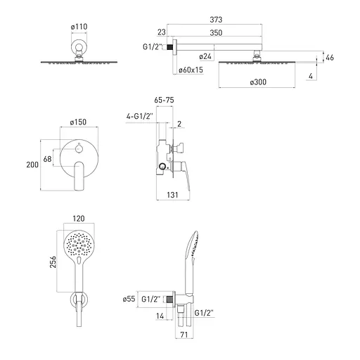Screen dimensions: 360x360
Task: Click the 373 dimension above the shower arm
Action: pyautogui.click(x=216, y=20)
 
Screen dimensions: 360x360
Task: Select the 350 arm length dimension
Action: pyautogui.click(x=216, y=32)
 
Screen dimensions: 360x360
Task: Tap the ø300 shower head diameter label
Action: pyautogui.click(x=258, y=82)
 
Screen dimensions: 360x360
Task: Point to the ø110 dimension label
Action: pyautogui.click(x=79, y=27)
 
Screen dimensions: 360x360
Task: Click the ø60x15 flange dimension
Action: pyautogui.click(x=191, y=70)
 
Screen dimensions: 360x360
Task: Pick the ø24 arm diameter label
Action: pyautogui.click(x=205, y=56)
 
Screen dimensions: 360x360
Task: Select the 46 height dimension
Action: pyautogui.click(x=330, y=58)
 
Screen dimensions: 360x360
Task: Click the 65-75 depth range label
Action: pyautogui.click(x=164, y=100)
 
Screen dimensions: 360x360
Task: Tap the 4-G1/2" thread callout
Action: pyautogui.click(x=140, y=116)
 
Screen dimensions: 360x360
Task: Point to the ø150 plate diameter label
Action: pyautogui.click(x=78, y=122)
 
